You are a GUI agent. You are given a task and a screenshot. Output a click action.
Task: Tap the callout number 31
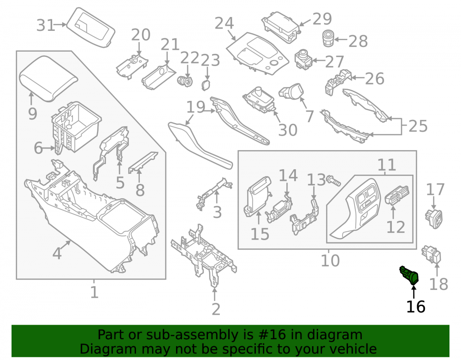[x=46, y=25]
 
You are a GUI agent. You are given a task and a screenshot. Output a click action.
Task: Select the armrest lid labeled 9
[x=48, y=78]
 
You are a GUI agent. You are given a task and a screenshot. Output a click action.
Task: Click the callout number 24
[x=224, y=23]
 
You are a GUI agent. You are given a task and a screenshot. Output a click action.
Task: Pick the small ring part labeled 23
[x=206, y=85]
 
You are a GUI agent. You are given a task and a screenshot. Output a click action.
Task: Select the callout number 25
[x=418, y=126]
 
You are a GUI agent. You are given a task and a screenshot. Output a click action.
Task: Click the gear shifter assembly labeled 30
[x=259, y=100]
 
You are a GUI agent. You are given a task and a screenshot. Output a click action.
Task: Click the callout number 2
[x=216, y=309]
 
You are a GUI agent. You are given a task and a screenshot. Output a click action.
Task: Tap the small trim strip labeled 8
[x=143, y=163]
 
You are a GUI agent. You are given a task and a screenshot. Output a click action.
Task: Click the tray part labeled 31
[x=90, y=27]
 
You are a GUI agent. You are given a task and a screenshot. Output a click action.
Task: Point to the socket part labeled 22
[x=185, y=81]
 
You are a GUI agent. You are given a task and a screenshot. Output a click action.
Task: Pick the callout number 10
[x=330, y=260]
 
